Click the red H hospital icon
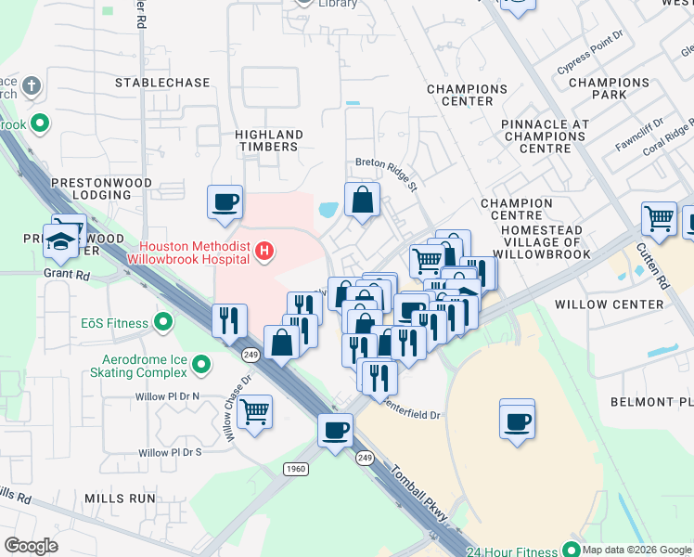click(265, 250)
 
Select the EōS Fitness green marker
click(163, 323)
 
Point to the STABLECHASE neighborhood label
click(162, 83)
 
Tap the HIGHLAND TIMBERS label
click(269, 140)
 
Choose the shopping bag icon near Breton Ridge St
click(362, 200)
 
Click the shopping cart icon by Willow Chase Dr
click(254, 410)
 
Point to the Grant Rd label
click(65, 274)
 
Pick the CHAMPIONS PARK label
click(610, 88)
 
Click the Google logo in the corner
click(31, 545)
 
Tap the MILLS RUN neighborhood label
click(120, 499)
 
